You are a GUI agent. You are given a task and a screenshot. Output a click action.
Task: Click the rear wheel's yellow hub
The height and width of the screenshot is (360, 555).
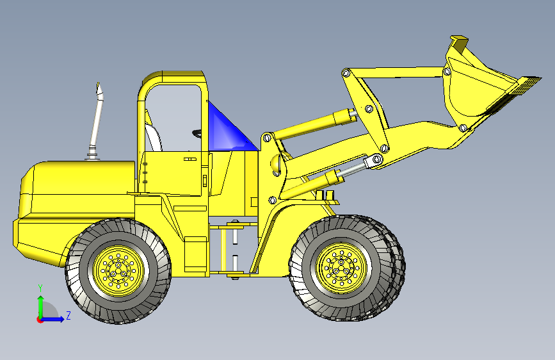(118, 270)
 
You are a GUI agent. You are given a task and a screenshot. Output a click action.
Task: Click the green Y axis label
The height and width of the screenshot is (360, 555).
(40, 288)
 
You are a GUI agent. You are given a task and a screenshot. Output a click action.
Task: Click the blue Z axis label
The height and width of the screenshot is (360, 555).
(68, 315)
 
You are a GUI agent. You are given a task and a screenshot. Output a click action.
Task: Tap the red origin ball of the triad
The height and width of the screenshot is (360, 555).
(40, 319)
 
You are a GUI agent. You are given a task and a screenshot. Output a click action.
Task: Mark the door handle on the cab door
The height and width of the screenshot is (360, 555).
(190, 158)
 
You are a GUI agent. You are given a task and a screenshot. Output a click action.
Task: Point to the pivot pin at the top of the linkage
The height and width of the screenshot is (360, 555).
(346, 73)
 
